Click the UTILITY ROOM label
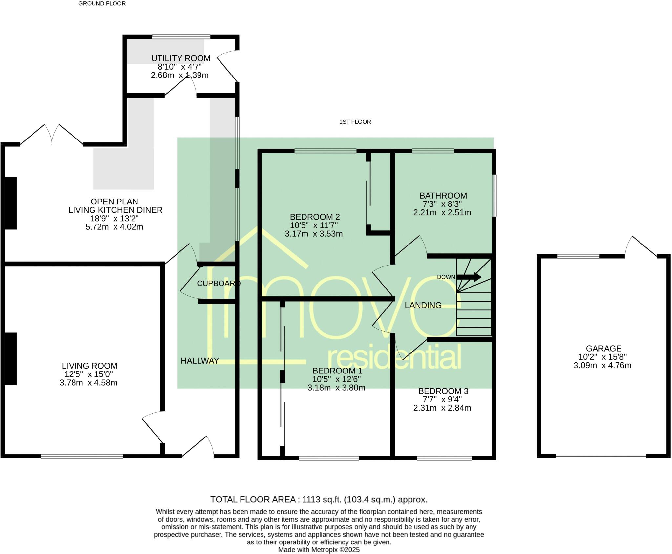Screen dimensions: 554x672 [x=180, y=58]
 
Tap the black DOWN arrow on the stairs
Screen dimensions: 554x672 [x=469, y=277]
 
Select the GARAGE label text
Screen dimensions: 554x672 [x=603, y=348]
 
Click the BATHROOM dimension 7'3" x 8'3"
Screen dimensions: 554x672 [x=443, y=204]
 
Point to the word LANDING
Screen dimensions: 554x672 [x=423, y=305]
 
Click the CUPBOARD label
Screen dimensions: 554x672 [x=218, y=283]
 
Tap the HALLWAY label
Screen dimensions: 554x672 [x=199, y=361]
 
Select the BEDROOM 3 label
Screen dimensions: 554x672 [x=443, y=391]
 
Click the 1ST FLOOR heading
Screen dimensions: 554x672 [x=355, y=122]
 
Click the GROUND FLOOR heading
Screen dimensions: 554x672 [x=102, y=4]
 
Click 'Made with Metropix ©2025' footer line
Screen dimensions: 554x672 [x=319, y=550]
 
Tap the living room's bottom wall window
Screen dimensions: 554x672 [x=82, y=456]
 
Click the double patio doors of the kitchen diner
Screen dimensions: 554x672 [x=52, y=135]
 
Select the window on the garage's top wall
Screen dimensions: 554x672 [x=578, y=257]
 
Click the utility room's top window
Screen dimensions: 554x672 [x=181, y=37]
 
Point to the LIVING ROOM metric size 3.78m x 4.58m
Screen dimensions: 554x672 [x=88, y=383]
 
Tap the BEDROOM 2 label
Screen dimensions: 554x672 [x=315, y=217]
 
